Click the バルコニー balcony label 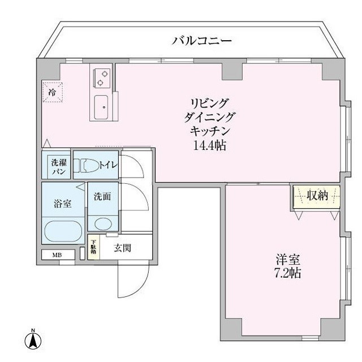click(x=201, y=41)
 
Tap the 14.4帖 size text click(x=209, y=145)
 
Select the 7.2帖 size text click(x=287, y=273)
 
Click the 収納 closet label click(x=317, y=196)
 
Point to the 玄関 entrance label click(x=122, y=248)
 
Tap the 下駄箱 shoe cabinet click(x=93, y=247)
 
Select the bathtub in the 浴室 click(x=63, y=231)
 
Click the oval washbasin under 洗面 click(x=103, y=224)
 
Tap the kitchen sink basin click(x=101, y=107)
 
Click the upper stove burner click(x=105, y=74)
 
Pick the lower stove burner click(x=100, y=83)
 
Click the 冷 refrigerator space click(x=53, y=92)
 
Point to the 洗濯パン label click(x=59, y=167)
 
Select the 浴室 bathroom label click(x=62, y=204)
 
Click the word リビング click(x=209, y=103)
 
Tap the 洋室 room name click(x=288, y=260)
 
